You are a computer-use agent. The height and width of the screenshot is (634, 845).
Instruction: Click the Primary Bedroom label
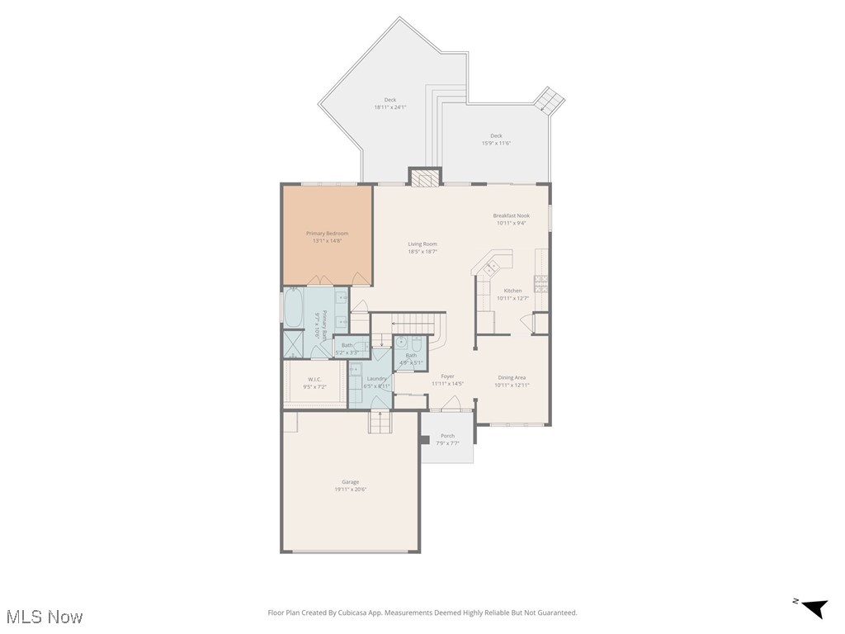tap(327, 234)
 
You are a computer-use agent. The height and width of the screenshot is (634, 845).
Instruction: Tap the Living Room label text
tap(422, 244)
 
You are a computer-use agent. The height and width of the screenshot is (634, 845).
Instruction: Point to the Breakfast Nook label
tap(511, 215)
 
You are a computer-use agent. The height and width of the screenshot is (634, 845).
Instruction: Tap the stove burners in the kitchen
tap(541, 282)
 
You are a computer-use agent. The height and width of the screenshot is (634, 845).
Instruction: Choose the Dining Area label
tap(511, 377)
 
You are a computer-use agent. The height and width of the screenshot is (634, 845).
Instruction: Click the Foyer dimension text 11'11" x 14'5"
tap(447, 384)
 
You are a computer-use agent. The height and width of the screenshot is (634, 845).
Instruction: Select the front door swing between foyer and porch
tap(451, 404)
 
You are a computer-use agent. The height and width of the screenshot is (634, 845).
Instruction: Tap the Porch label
tap(447, 436)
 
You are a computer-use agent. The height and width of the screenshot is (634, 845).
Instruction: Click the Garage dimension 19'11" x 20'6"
tap(350, 489)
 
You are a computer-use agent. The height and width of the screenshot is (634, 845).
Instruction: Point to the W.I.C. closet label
tap(314, 380)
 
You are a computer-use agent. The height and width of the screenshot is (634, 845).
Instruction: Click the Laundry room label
tap(377, 378)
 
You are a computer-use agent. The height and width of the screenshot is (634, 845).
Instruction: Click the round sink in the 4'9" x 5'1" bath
tap(402, 341)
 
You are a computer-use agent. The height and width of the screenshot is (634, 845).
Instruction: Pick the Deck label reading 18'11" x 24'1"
tap(389, 106)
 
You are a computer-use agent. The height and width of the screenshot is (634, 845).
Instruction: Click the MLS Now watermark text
tap(45, 617)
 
